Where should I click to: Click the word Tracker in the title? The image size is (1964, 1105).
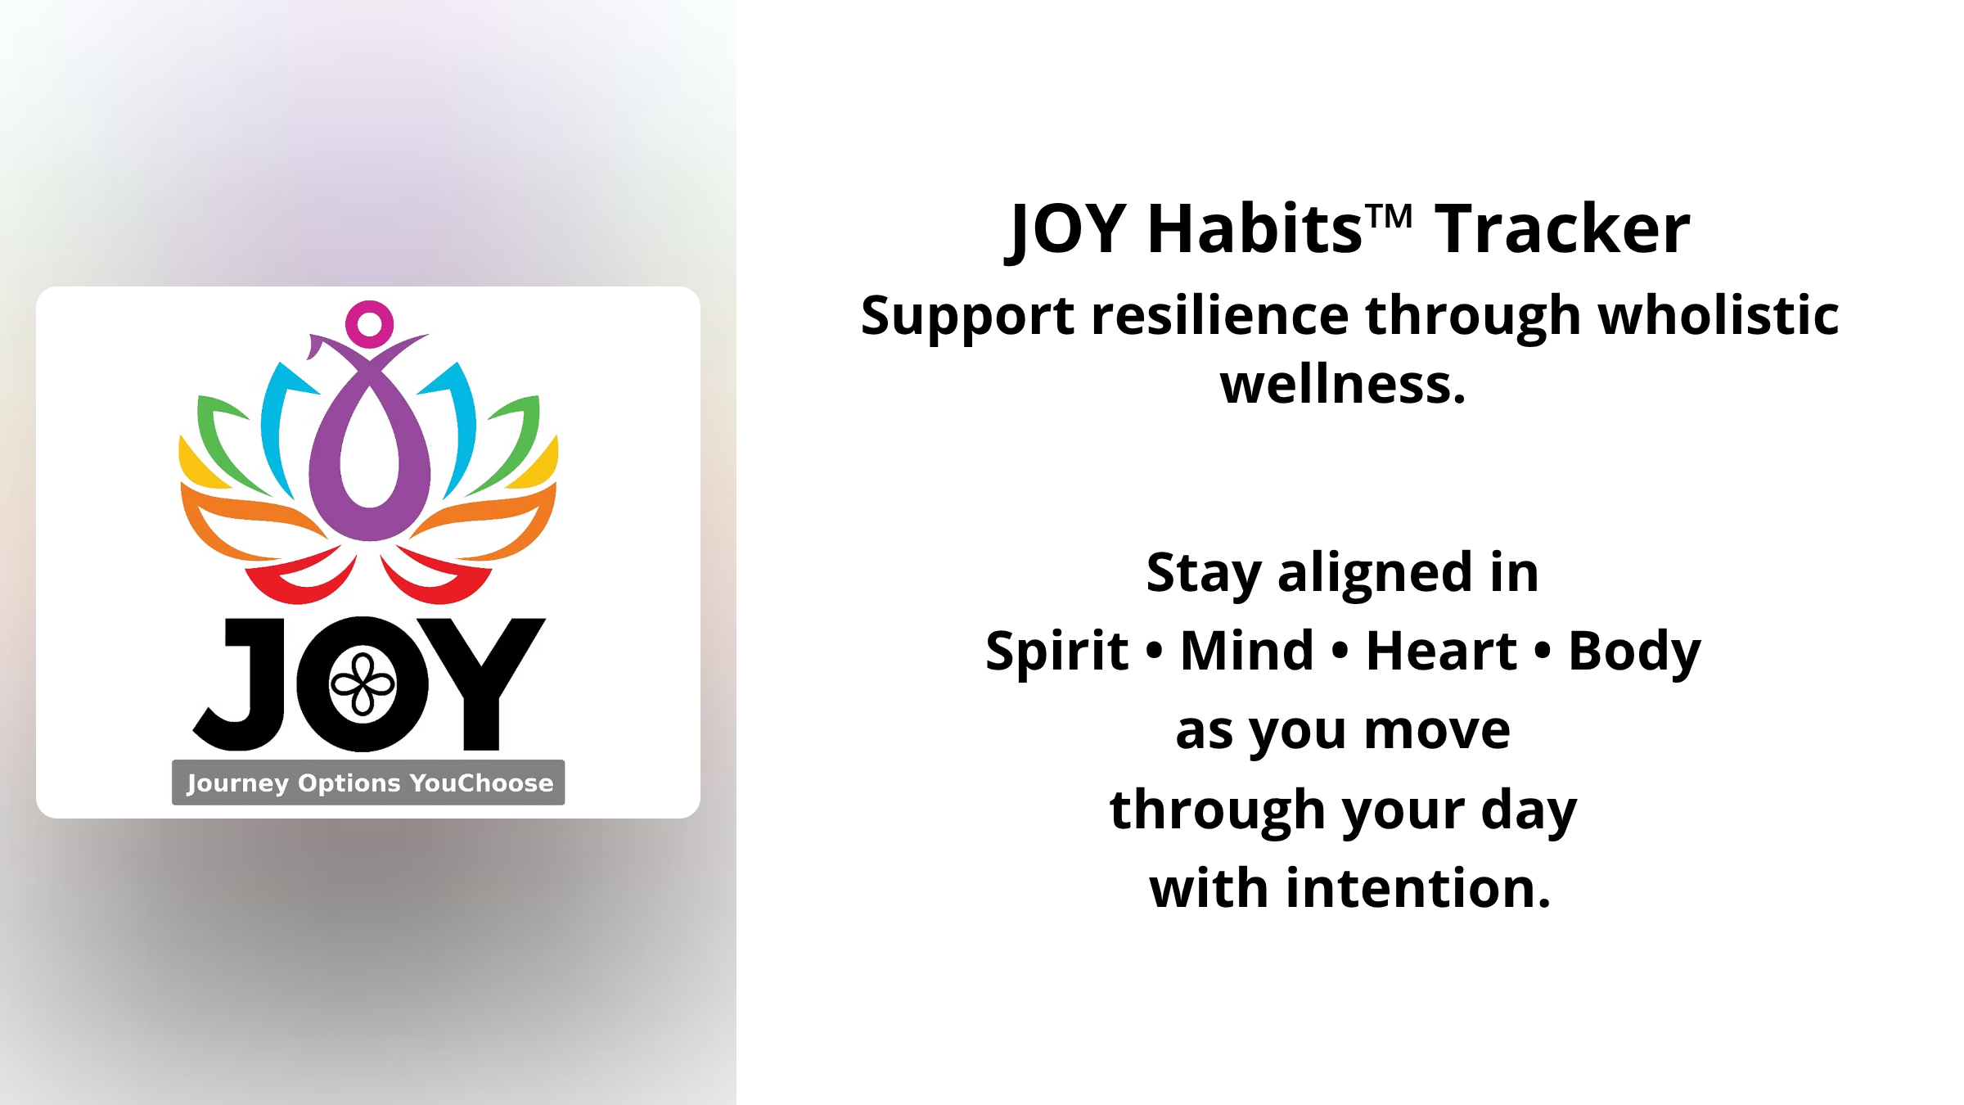pyautogui.click(x=1562, y=229)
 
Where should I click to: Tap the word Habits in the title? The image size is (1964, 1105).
pyautogui.click(x=1255, y=229)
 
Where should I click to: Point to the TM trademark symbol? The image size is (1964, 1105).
pyautogui.click(x=1390, y=216)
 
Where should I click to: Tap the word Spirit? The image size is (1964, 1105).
pyautogui.click(x=1057, y=652)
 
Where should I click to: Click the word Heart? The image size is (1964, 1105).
pyautogui.click(x=1442, y=652)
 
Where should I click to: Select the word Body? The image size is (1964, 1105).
pyautogui.click(x=1635, y=652)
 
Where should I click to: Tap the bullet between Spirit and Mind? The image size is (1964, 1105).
pyautogui.click(x=1155, y=652)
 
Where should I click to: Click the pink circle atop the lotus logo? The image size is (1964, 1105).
pyautogui.click(x=369, y=324)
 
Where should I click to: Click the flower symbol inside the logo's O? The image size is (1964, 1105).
pyautogui.click(x=363, y=685)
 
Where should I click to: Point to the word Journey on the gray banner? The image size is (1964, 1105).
pyautogui.click(x=238, y=783)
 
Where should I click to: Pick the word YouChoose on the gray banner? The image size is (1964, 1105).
pyautogui.click(x=481, y=783)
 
